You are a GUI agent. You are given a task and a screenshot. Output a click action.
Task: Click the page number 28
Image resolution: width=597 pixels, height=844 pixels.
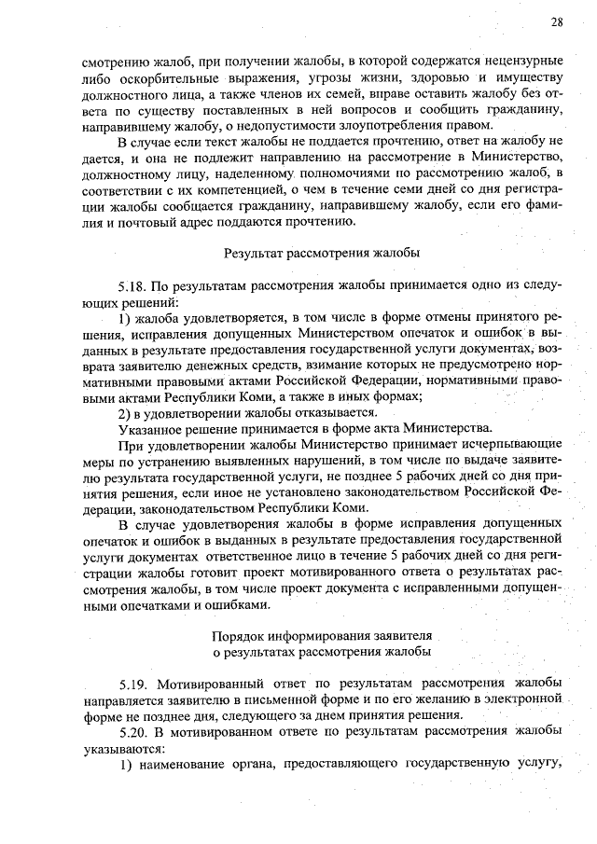click(x=555, y=22)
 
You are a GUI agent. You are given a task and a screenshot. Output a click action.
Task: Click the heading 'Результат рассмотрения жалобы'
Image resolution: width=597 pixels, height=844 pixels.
click(x=322, y=252)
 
